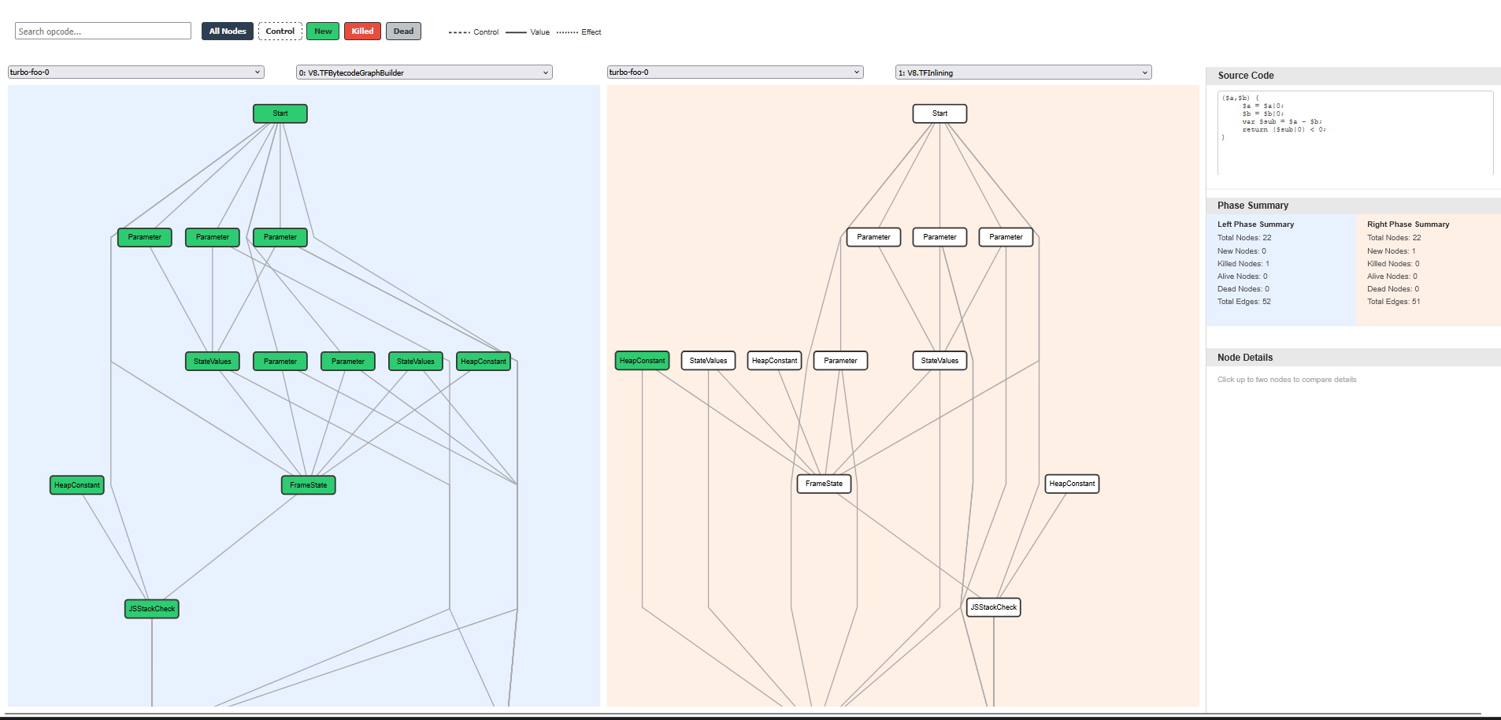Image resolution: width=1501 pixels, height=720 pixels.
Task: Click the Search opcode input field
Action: [103, 32]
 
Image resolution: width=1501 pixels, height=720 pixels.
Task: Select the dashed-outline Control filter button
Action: [280, 32]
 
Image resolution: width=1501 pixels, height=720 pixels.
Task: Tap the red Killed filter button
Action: [362, 32]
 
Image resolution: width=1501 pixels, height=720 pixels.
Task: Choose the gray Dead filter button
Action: [403, 32]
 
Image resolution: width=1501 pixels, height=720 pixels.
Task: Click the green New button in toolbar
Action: [323, 32]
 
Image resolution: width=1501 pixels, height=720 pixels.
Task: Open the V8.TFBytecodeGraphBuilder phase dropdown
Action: [424, 72]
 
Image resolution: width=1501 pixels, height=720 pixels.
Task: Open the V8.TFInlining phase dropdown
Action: [1023, 72]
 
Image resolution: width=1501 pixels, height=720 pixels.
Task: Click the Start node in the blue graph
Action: [280, 113]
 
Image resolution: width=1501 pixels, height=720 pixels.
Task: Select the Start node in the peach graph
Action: [940, 113]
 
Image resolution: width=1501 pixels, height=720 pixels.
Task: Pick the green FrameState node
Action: [309, 485]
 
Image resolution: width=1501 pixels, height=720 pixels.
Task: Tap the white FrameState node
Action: [824, 484]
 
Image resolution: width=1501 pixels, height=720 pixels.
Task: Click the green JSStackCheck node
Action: [152, 609]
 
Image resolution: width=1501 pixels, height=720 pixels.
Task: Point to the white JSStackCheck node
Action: [994, 607]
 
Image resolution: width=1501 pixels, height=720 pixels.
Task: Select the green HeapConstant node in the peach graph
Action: [643, 361]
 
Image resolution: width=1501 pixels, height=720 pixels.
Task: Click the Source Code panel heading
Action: [1246, 76]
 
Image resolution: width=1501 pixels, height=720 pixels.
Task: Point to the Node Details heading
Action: [1245, 358]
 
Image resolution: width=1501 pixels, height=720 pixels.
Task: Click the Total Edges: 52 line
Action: [1244, 302]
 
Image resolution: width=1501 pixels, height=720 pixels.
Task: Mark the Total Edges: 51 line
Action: [1394, 302]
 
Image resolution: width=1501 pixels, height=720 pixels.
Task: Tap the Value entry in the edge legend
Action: [539, 32]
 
